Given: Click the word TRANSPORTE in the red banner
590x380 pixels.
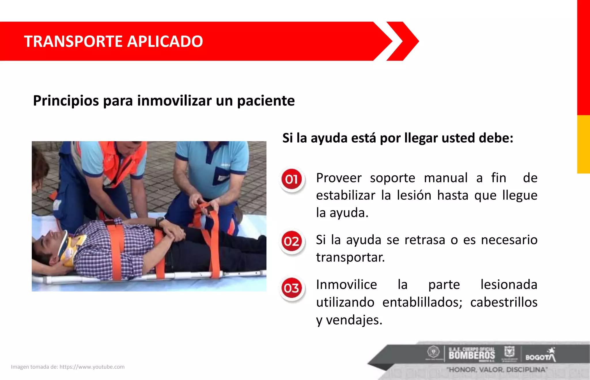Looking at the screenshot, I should click(73, 41).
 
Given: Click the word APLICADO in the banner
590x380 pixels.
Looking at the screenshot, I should click(165, 41).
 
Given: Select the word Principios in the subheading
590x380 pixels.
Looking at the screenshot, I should click(66, 101).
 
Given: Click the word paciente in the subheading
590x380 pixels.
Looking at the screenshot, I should click(266, 101).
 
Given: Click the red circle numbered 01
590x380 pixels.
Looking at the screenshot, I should click(292, 179).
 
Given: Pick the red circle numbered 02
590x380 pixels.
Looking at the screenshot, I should click(292, 241).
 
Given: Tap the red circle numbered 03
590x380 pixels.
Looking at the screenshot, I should click(292, 288).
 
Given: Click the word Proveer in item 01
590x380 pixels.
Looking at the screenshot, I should click(339, 178).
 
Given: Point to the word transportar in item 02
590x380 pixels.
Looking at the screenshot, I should click(350, 257).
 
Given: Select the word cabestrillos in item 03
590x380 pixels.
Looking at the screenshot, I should click(504, 303).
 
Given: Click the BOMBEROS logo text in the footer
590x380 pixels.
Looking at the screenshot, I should click(472, 355).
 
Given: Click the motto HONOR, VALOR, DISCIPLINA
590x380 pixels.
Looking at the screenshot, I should click(497, 370).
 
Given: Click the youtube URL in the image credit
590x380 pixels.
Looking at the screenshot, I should click(92, 367).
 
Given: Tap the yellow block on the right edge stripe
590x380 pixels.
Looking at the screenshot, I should click(583, 144).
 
